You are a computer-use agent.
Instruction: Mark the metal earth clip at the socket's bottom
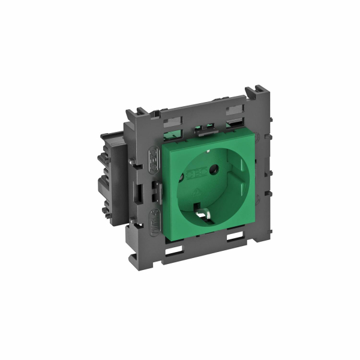[x=202, y=209]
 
